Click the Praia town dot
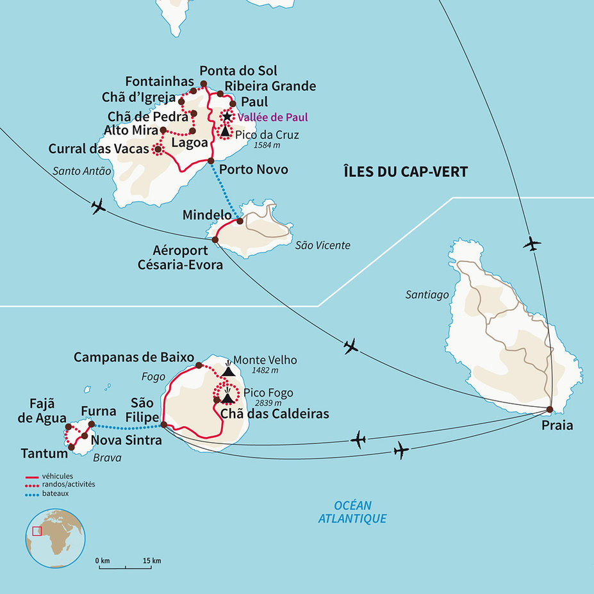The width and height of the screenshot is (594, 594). click(x=550, y=409)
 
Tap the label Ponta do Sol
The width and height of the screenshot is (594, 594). click(x=238, y=70)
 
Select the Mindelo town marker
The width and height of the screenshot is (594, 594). click(x=240, y=221)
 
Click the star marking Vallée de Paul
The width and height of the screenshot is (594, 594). click(x=226, y=117)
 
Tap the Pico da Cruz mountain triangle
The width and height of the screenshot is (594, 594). click(x=226, y=131)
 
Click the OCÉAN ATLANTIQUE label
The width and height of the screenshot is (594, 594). click(x=352, y=513)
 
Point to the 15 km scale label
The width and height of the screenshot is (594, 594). click(x=153, y=561)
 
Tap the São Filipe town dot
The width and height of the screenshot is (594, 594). click(x=163, y=424)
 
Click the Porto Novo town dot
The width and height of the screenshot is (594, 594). click(x=211, y=161)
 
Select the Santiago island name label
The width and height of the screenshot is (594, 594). click(x=427, y=295)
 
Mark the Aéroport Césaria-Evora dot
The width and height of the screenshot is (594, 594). click(x=215, y=240)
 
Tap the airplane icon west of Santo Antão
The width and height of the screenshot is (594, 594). click(x=98, y=206)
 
